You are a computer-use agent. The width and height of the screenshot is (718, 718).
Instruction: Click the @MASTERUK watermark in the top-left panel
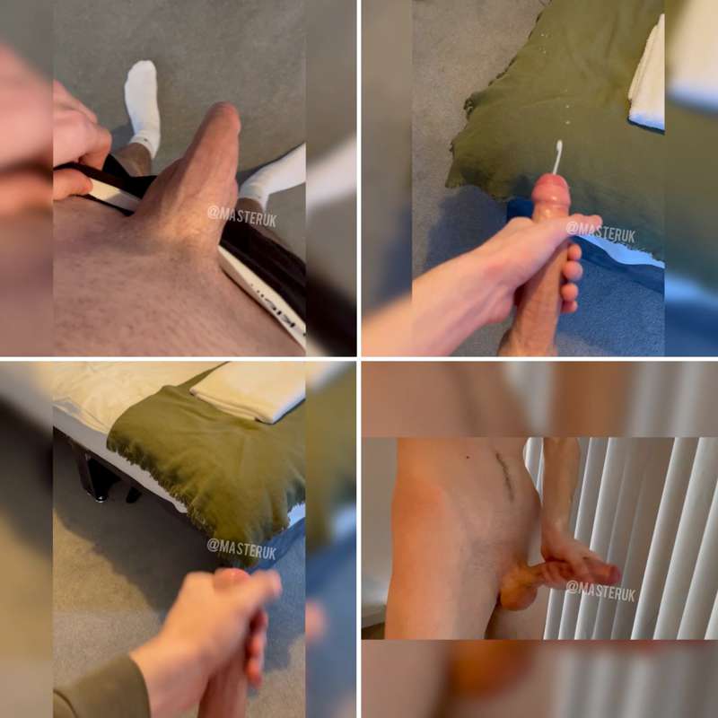tap(241, 216)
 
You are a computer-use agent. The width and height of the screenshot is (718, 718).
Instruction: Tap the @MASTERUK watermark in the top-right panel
tap(600, 232)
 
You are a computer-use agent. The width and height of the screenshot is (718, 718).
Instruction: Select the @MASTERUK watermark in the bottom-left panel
tap(241, 548)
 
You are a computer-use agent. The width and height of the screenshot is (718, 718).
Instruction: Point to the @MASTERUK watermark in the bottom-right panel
tap(600, 591)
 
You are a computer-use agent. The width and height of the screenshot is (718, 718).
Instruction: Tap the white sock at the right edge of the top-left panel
tap(274, 173)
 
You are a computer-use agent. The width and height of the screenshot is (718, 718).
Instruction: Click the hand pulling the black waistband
tap(78, 142)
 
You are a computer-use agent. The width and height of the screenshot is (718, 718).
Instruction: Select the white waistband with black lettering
tap(263, 293)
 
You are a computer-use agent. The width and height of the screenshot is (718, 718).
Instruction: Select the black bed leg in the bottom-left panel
tap(97, 477)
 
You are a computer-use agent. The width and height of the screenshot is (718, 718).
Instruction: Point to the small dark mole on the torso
tap(467, 457)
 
